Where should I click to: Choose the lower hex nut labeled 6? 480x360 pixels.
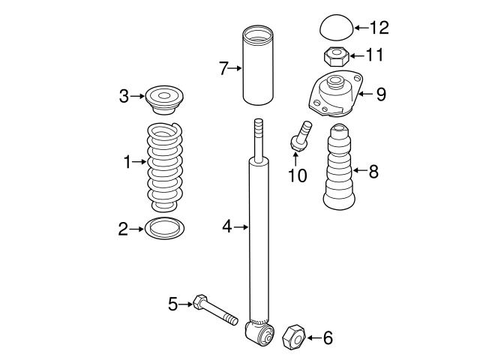(x=293, y=338)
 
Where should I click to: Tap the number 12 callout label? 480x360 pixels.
(x=379, y=28)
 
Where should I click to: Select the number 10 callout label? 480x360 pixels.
(x=297, y=176)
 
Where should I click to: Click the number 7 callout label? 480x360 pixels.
(x=223, y=69)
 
